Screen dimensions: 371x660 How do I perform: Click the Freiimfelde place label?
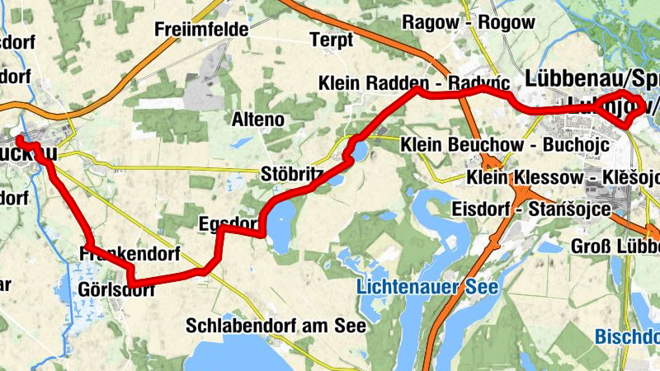201,31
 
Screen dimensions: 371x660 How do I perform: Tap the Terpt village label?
331,40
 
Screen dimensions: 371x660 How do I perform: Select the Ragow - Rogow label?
468,23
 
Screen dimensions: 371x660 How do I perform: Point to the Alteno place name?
258,120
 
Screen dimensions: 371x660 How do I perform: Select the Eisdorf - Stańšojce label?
531,210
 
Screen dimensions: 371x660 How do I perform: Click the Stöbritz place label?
290,175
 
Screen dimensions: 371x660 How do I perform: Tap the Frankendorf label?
131,254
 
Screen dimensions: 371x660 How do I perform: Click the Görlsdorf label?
116,289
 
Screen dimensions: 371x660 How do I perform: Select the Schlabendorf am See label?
276,325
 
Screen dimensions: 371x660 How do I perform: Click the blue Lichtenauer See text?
427,287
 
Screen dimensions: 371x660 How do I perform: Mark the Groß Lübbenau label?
615,247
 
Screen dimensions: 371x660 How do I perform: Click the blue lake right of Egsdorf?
279,223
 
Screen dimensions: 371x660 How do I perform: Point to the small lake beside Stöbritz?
360,149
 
